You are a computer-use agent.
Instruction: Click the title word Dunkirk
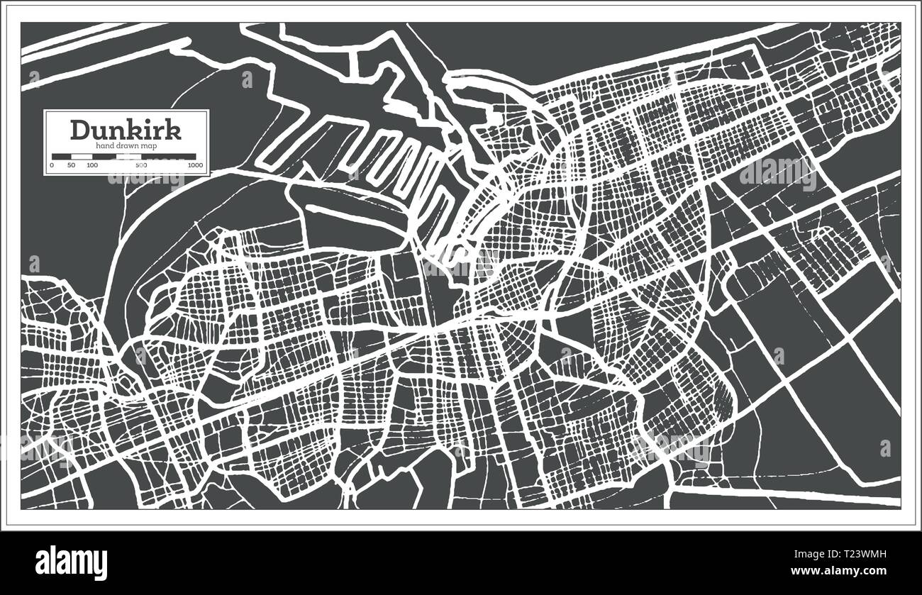point(126,130)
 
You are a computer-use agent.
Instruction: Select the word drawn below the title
point(125,145)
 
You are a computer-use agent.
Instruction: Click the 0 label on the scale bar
point(51,165)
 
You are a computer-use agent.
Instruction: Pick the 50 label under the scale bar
point(71,165)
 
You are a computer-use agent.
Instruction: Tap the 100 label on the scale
point(92,165)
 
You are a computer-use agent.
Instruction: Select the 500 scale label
point(140,165)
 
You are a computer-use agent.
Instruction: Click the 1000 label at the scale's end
point(195,165)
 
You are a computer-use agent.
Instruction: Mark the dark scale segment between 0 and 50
point(61,156)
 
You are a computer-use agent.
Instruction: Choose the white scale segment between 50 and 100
point(82,156)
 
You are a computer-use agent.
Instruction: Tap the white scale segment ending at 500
point(116,156)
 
